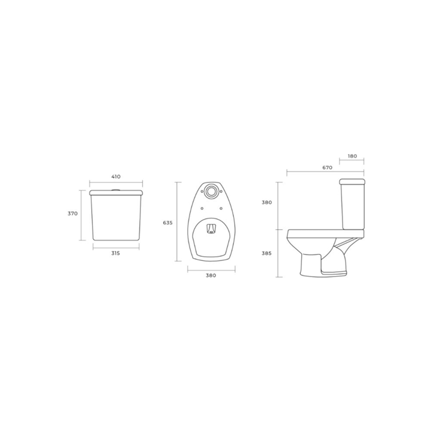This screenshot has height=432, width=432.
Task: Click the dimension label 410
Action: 116,176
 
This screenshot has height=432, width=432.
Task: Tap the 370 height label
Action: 73,214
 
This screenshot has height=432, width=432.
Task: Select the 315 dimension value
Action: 116,253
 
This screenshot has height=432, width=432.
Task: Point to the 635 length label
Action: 168,223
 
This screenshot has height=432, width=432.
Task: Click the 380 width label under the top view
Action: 211,275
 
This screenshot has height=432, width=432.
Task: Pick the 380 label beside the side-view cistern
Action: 266,202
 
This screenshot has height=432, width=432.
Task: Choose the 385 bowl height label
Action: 266,253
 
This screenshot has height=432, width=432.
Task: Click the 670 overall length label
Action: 328,167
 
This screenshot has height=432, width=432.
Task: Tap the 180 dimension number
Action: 352,156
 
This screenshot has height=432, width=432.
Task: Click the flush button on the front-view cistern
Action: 116,190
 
